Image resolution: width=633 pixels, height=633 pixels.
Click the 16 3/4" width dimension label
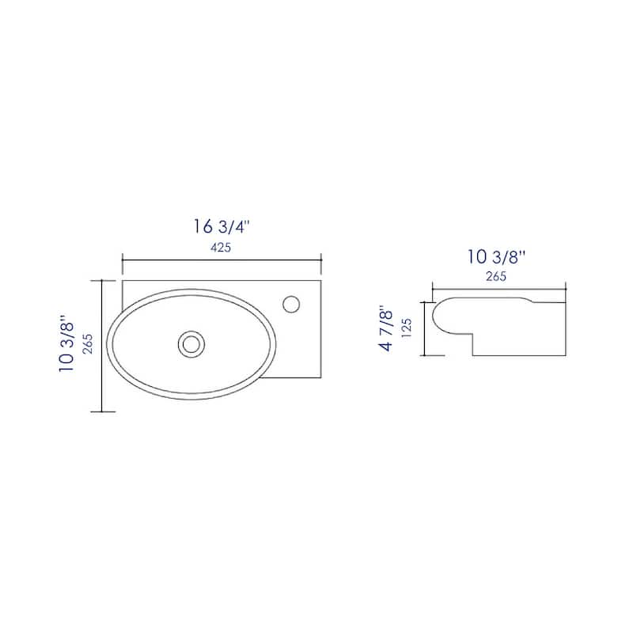[x=221, y=226]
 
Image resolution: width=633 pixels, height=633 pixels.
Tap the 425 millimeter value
[x=221, y=248]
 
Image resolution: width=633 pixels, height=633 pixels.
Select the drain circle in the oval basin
[x=191, y=343]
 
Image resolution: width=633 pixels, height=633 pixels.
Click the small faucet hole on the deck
[x=291, y=303]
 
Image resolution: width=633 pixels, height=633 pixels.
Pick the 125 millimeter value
[x=407, y=328]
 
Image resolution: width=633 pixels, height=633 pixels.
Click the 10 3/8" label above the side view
[x=497, y=256]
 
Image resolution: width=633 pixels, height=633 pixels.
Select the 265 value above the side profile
[x=497, y=276]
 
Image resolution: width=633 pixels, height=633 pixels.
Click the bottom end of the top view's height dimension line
[x=103, y=411]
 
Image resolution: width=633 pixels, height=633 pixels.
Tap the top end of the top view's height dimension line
[x=103, y=280]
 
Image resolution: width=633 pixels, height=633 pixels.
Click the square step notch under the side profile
[x=473, y=345]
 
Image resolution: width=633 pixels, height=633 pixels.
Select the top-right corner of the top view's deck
[x=320, y=279]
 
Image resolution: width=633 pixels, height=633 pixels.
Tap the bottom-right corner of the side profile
[x=565, y=356]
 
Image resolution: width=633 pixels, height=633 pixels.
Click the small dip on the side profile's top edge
[x=529, y=301]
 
